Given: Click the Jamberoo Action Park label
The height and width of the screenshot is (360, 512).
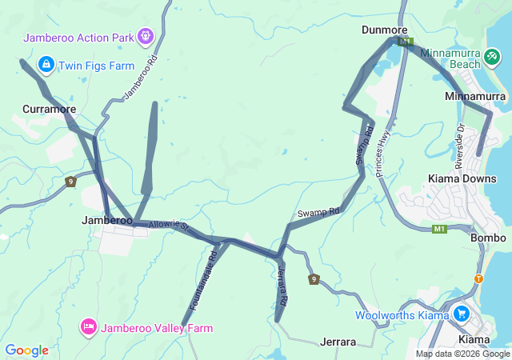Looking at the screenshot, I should click(78, 37).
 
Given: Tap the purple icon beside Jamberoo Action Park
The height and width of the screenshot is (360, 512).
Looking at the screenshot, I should click(145, 35).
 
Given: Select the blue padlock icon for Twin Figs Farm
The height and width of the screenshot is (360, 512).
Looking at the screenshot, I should click(46, 64).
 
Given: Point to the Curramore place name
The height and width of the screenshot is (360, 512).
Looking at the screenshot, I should click(50, 109).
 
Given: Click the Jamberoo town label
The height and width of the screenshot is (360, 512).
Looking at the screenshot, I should click(107, 220).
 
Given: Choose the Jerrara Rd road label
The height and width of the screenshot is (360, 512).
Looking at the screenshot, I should click(282, 284).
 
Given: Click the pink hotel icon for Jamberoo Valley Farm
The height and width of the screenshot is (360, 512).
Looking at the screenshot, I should click(88, 326).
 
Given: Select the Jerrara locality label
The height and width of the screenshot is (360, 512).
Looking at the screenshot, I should click(338, 342).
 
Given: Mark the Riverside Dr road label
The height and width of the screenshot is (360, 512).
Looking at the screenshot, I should click(460, 146).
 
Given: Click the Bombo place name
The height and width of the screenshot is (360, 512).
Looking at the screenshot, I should click(489, 238).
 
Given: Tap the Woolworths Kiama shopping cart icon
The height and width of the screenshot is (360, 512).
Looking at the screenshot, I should click(461, 314).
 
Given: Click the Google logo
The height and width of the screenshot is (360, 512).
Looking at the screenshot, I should click(26, 350).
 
